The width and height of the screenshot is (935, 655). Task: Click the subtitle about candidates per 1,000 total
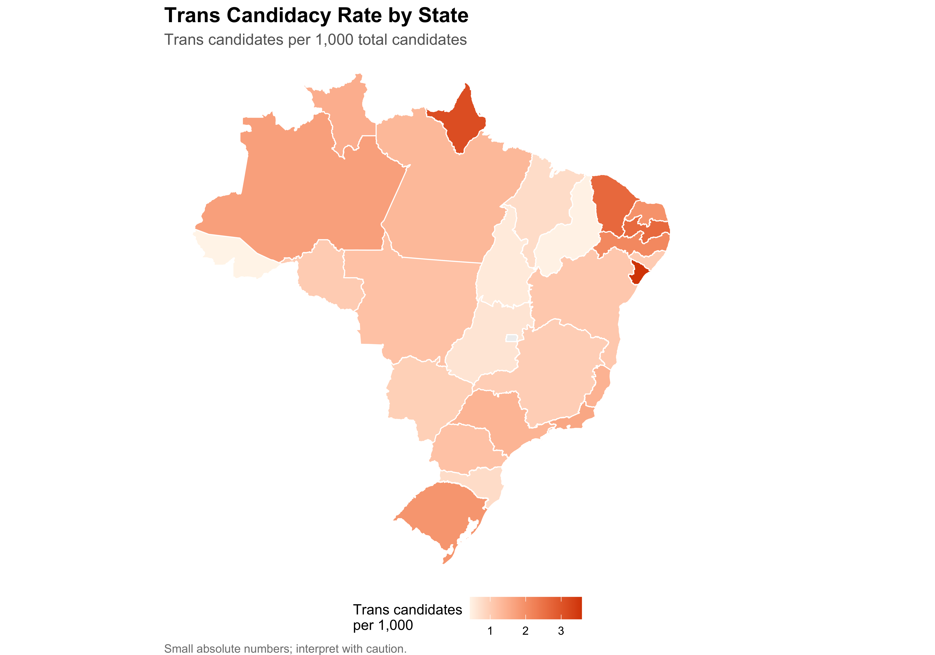coord(315,40)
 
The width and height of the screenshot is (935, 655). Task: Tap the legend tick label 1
coord(490,631)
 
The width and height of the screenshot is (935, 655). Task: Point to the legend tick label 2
coord(525,631)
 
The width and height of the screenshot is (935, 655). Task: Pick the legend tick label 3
coord(561,631)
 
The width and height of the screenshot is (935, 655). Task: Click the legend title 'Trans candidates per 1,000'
coord(407,617)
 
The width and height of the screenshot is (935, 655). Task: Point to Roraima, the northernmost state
coord(346,114)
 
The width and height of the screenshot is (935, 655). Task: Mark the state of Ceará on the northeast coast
coord(611,204)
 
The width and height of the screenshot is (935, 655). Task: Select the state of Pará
coord(448,196)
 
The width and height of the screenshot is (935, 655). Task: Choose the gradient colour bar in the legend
coord(525,608)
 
